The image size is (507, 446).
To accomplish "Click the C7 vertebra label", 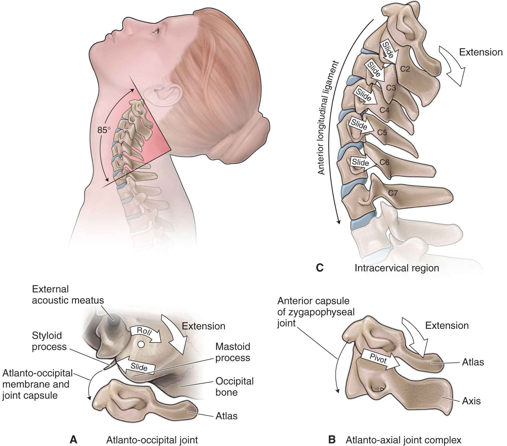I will coord(393,193).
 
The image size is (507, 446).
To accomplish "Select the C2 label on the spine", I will coord(405,69).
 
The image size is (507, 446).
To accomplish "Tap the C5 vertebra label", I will coord(382,132).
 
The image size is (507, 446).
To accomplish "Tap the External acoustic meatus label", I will coord(68,295).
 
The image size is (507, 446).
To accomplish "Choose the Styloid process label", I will coord(49,341).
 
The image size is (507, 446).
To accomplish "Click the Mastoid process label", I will coord(233,352).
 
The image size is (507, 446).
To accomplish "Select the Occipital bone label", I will coord(234,387).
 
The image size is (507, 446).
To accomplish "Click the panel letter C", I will coord(319,268).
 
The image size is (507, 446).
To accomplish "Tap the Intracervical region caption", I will coord(397,268).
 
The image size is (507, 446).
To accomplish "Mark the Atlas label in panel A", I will coord(226,416).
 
